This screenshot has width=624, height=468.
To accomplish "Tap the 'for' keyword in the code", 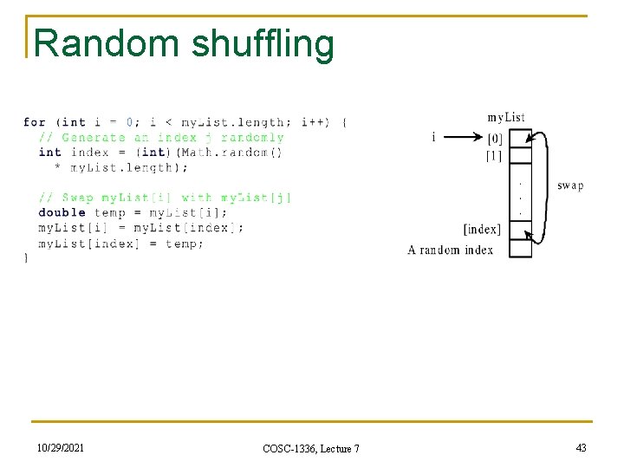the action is click(35, 122).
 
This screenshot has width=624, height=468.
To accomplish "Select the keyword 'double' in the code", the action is click(62, 212).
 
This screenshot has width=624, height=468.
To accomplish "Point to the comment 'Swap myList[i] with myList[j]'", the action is click(165, 198).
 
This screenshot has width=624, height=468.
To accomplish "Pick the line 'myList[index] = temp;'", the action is click(121, 244).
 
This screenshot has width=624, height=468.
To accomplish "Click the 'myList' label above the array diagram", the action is click(506, 117).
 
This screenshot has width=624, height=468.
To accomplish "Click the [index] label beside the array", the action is click(482, 230).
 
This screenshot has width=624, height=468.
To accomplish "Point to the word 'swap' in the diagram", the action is click(570, 185).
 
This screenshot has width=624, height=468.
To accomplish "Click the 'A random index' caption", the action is click(450, 250).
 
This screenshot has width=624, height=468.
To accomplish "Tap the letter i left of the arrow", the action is click(433, 136).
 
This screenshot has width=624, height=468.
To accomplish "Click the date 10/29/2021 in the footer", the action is click(61, 446).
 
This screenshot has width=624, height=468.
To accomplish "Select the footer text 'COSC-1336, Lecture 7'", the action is click(310, 447).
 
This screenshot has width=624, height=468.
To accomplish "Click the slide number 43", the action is click(581, 446).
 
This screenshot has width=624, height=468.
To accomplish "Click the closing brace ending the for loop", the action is click(26, 257).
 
